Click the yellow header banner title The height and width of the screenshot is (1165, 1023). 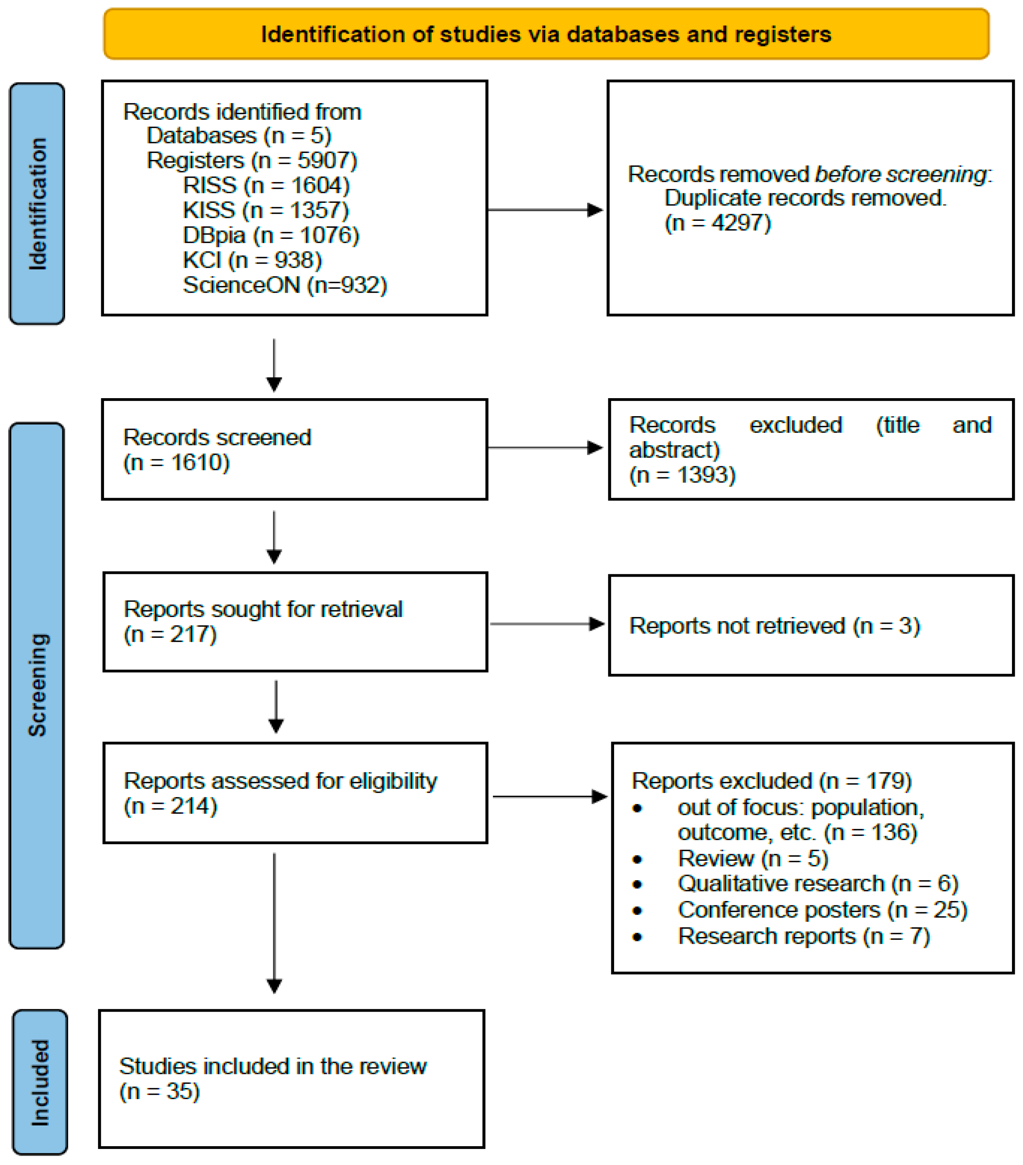click(546, 34)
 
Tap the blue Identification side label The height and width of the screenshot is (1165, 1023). click(37, 204)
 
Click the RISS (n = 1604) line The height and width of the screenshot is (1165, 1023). click(266, 185)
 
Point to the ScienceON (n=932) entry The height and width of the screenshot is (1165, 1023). click(284, 285)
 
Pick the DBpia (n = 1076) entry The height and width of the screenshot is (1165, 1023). click(271, 235)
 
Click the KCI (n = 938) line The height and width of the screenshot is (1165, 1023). click(252, 260)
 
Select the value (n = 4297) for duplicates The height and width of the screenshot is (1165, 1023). click(717, 223)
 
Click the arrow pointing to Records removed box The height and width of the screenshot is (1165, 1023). click(545, 210)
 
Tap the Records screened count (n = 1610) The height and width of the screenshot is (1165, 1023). click(176, 462)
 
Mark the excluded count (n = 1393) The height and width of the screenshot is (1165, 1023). click(682, 475)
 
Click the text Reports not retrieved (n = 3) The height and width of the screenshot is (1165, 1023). click(774, 626)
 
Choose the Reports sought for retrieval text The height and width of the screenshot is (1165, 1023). click(263, 609)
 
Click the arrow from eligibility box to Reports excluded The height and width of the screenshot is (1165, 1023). click(549, 796)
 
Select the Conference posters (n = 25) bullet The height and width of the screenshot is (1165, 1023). click(822, 910)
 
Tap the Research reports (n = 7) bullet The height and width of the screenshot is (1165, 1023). click(803, 936)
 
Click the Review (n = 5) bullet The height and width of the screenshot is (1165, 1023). click(752, 858)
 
